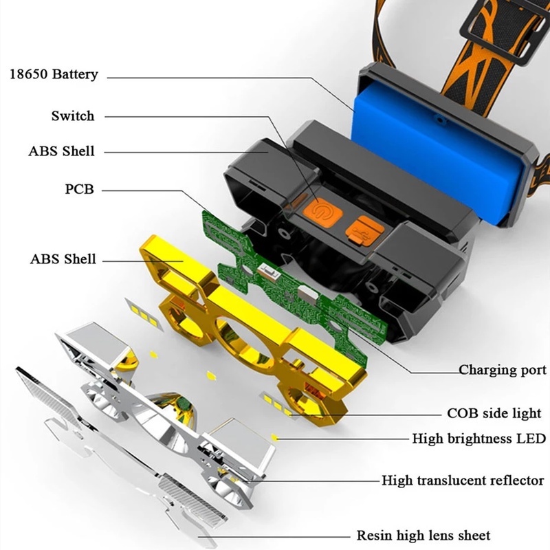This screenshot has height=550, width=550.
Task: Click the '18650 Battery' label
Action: (x=54, y=74)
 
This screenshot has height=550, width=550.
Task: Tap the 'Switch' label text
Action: (x=72, y=115)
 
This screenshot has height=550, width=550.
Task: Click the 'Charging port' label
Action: (x=503, y=370)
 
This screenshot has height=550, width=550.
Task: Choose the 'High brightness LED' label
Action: (x=478, y=438)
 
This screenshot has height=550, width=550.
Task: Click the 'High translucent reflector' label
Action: (x=463, y=481)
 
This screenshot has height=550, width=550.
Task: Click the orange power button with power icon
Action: (x=321, y=211)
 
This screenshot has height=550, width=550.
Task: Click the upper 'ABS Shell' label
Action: (x=62, y=151)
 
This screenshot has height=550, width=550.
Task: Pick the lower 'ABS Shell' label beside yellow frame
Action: (x=62, y=259)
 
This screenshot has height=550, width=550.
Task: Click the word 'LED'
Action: (x=531, y=438)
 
